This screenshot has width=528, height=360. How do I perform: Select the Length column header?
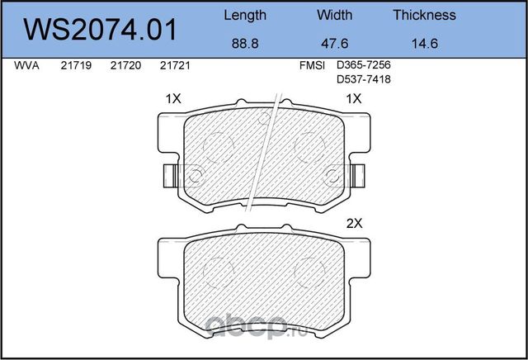[246, 15]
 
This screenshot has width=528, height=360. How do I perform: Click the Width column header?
[334, 15]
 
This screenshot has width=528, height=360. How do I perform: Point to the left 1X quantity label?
[173, 98]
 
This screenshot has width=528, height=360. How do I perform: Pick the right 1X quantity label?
[354, 98]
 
